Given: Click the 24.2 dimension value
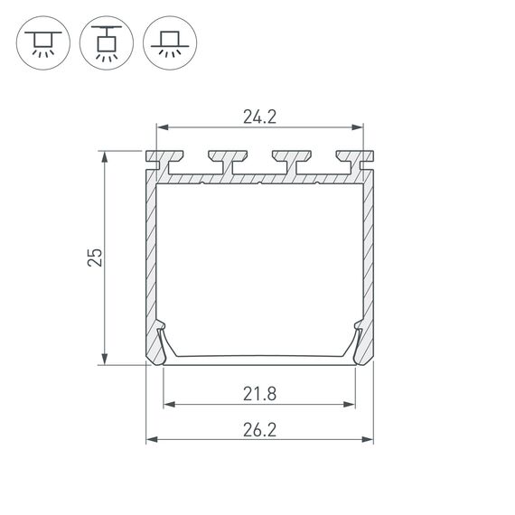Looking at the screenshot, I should [259, 116].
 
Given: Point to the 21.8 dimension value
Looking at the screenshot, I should [259, 393].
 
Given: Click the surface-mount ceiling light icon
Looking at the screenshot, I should [42, 42].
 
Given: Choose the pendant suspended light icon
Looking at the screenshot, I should [106, 42].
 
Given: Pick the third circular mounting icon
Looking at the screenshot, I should [169, 42].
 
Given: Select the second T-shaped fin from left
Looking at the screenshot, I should [220, 160].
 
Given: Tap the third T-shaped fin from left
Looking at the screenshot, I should [287, 160].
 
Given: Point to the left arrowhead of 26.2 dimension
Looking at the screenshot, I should [151, 440].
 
